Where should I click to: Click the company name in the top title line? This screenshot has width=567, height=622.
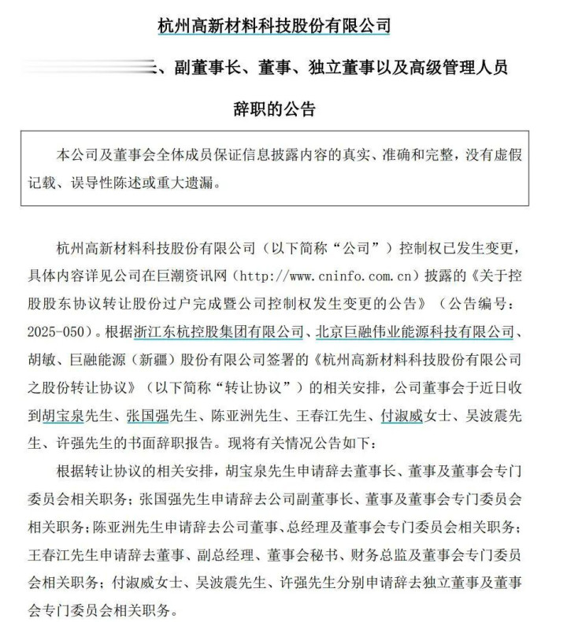pyautogui.click(x=274, y=26)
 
